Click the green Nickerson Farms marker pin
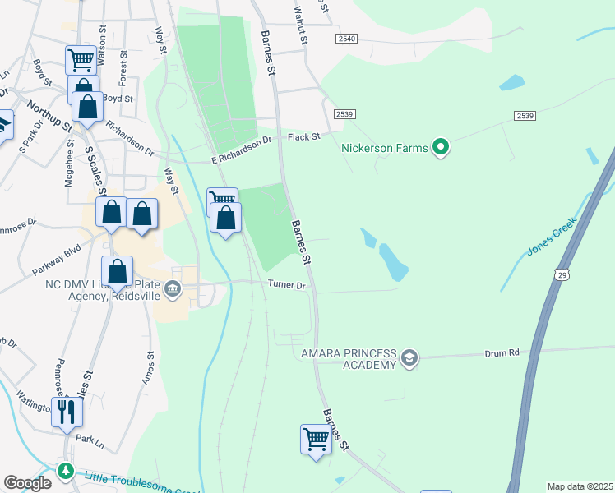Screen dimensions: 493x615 [441, 148]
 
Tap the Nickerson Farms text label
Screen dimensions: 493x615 [385, 149]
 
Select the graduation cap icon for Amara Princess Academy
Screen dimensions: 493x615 [409, 357]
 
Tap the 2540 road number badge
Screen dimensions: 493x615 [347, 39]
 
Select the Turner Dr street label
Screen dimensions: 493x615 [287, 285]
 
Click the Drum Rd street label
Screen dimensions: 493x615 [502, 352]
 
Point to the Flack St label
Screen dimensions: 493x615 [303, 136]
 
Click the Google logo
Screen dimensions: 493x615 [27, 482]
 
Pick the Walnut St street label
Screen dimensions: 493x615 [301, 23]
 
